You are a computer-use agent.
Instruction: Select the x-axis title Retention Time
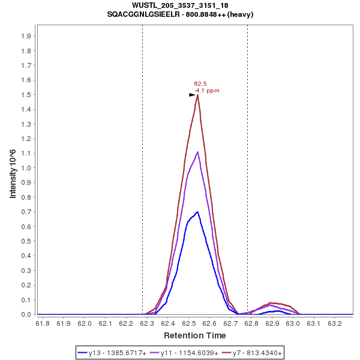(195, 335)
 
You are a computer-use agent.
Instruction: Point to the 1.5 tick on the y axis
(26, 95)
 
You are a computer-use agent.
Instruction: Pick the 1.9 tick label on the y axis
(26, 36)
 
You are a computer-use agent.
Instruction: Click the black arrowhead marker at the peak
(192, 95)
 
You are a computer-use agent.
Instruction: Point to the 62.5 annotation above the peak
(200, 84)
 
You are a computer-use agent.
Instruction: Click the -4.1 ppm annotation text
(207, 91)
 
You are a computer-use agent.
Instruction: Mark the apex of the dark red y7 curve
(197, 95)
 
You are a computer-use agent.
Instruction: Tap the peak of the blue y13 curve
(197, 212)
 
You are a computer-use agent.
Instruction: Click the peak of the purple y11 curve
(197, 152)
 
